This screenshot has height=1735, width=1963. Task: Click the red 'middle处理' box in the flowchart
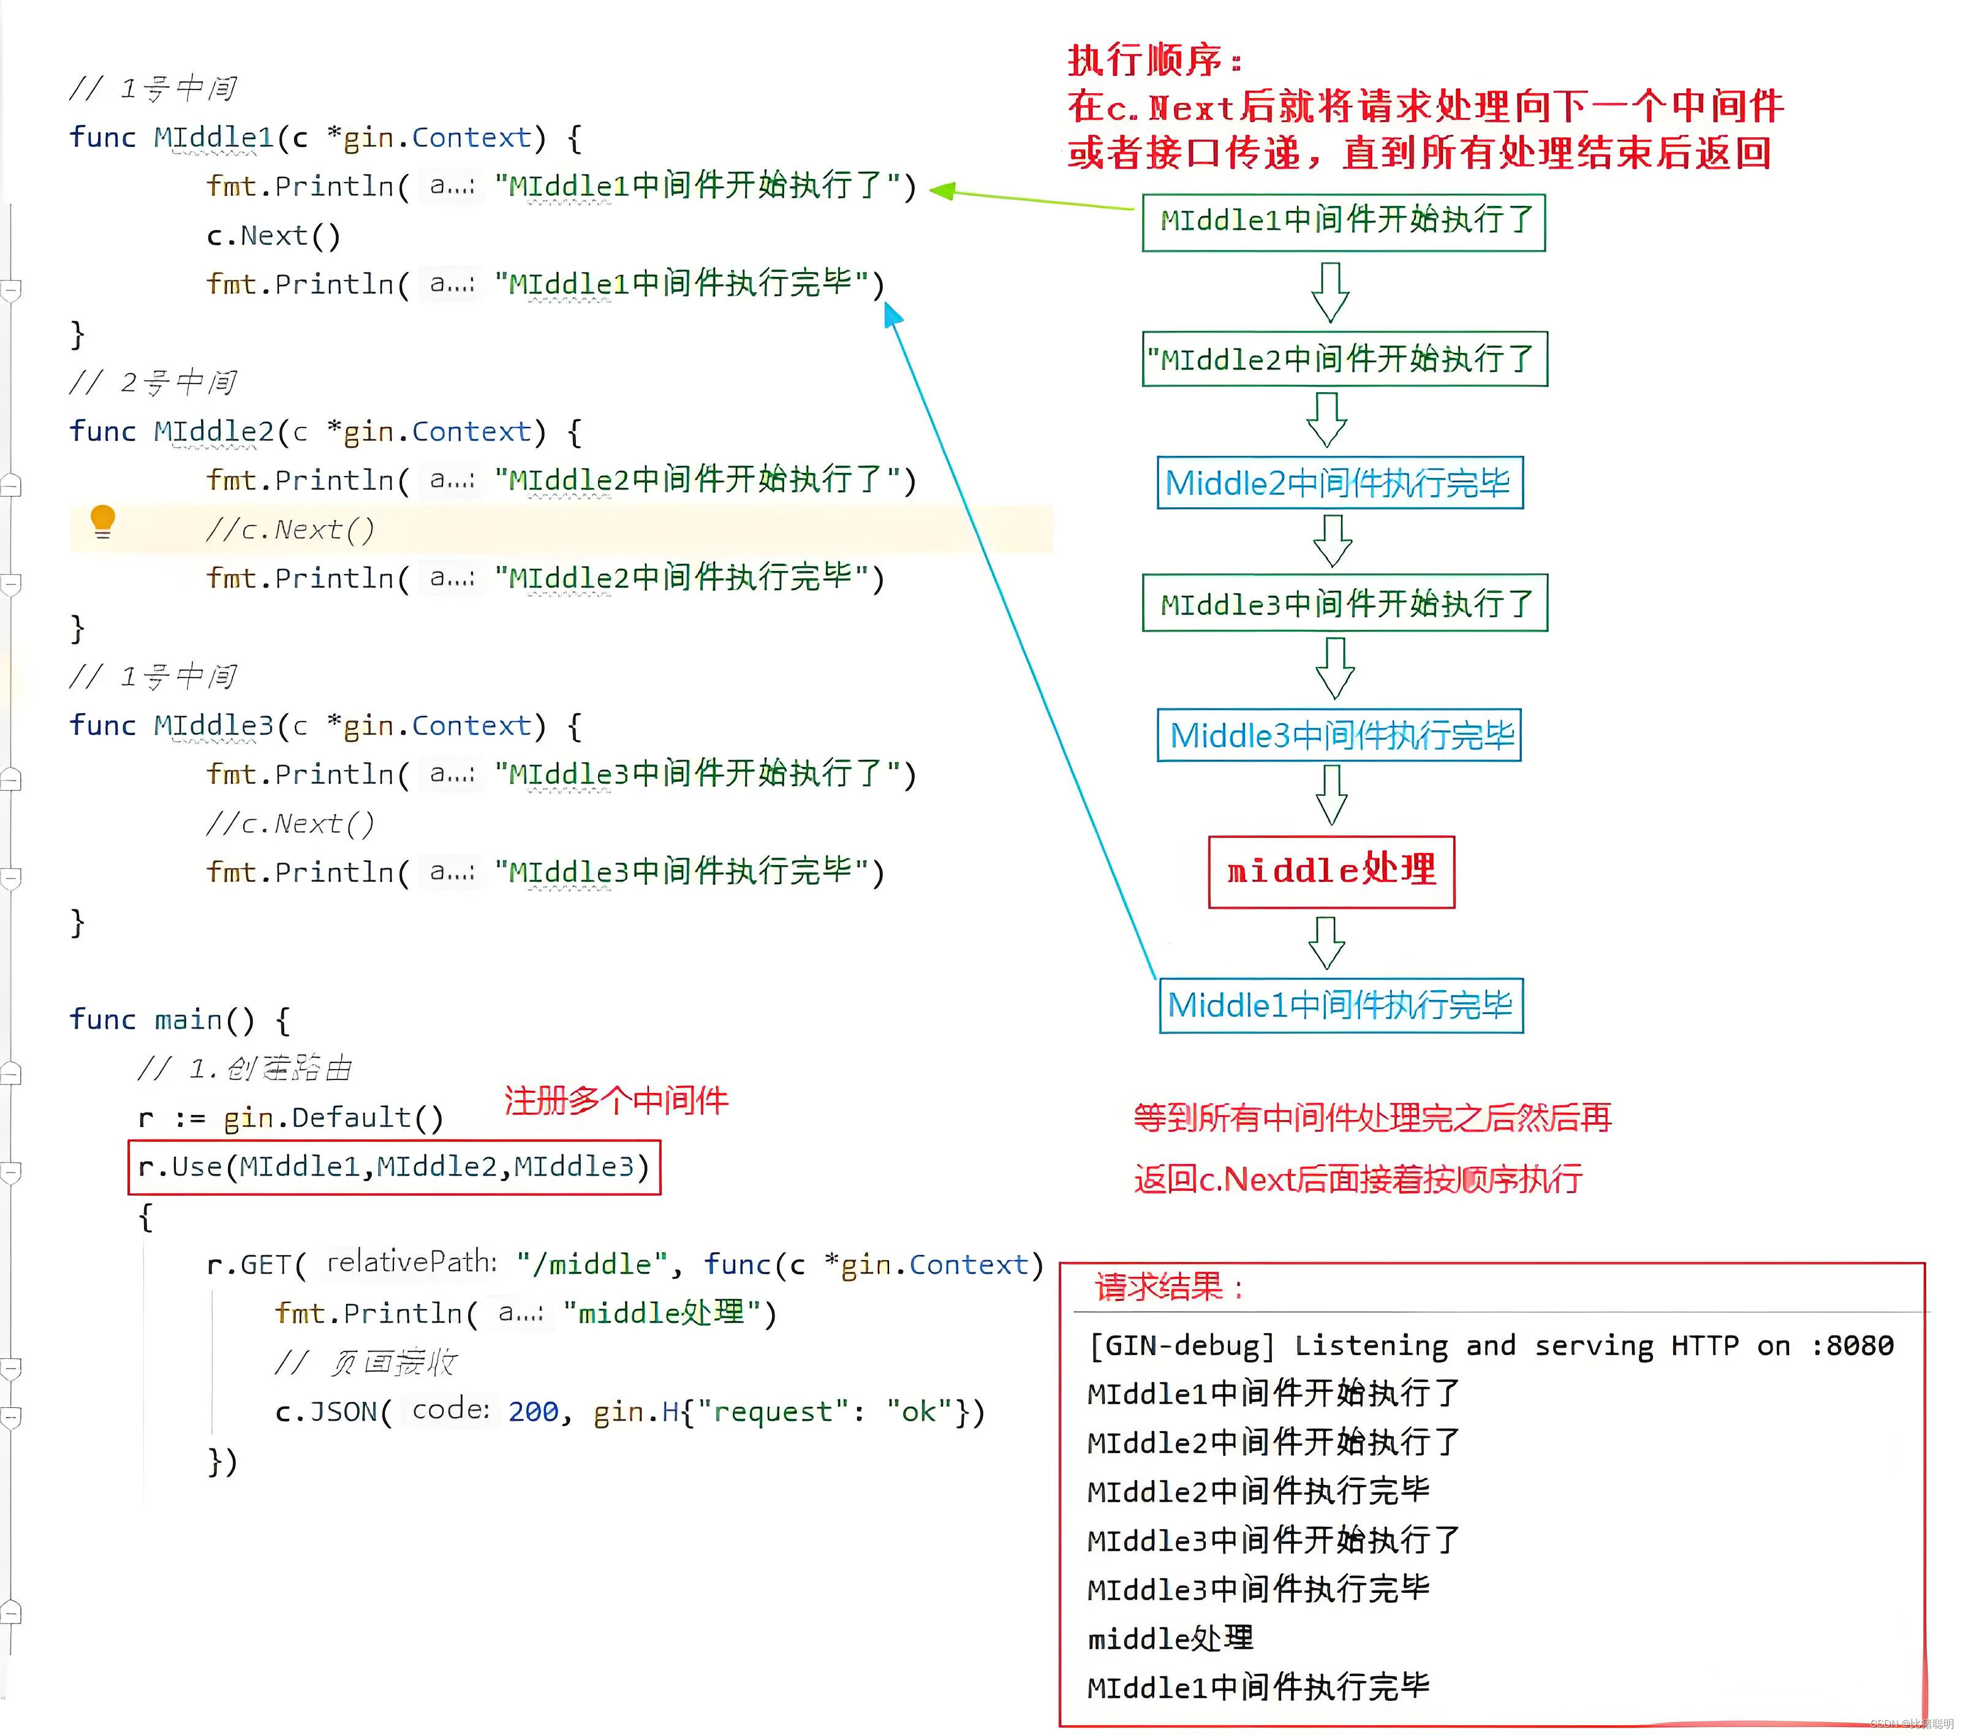(1331, 871)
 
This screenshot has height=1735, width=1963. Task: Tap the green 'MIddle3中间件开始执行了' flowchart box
(1345, 603)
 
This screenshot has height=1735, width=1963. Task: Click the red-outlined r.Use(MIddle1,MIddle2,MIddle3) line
(394, 1166)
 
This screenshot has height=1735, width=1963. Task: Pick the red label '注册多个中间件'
(616, 1100)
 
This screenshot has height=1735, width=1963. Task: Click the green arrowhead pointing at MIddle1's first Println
(941, 191)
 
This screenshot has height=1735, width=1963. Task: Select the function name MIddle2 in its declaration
(213, 432)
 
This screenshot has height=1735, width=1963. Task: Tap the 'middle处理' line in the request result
(1170, 1638)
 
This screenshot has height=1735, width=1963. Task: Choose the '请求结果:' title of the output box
(1169, 1287)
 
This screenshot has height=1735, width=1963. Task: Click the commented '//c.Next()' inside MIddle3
(290, 824)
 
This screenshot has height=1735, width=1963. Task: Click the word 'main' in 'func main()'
(188, 1019)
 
